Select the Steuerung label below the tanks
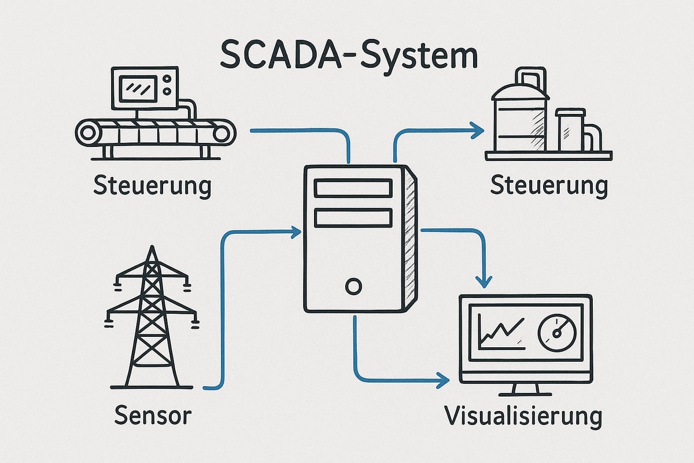(549, 187)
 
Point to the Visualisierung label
(523, 416)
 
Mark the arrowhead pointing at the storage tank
(478, 131)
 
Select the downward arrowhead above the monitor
(485, 281)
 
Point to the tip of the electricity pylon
(152, 248)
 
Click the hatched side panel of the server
(412, 237)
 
